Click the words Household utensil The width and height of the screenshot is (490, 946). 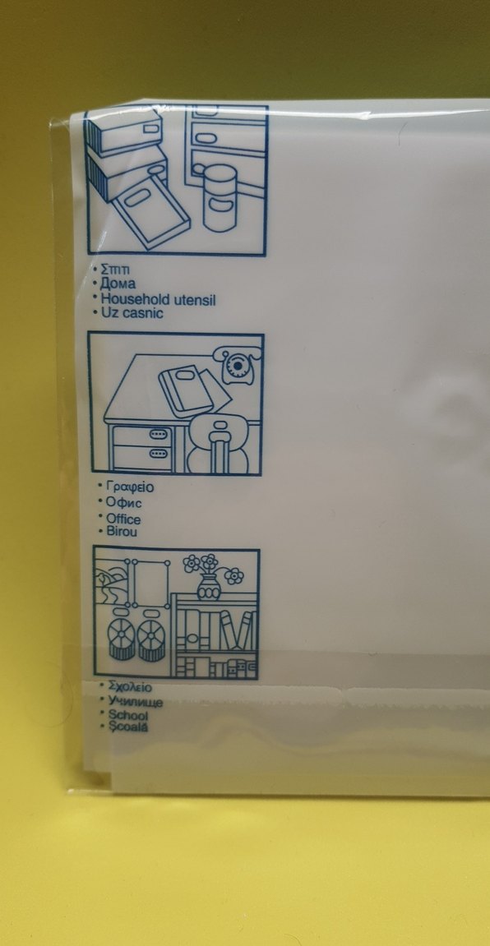[158, 299]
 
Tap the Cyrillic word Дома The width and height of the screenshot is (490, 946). [118, 284]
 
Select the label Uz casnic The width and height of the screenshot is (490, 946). [132, 314]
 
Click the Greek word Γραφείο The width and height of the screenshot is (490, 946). [130, 487]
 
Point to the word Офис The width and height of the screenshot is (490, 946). [123, 502]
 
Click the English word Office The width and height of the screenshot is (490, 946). [123, 519]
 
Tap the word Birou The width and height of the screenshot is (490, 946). [122, 532]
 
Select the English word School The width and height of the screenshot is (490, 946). [128, 716]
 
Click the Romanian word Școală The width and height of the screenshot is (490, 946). [128, 727]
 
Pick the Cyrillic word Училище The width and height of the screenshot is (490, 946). [135, 702]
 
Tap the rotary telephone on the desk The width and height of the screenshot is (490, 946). [242, 366]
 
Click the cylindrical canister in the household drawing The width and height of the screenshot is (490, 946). [220, 198]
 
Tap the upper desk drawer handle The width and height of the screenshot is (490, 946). [158, 435]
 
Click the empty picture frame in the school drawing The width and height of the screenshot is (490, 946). [148, 583]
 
